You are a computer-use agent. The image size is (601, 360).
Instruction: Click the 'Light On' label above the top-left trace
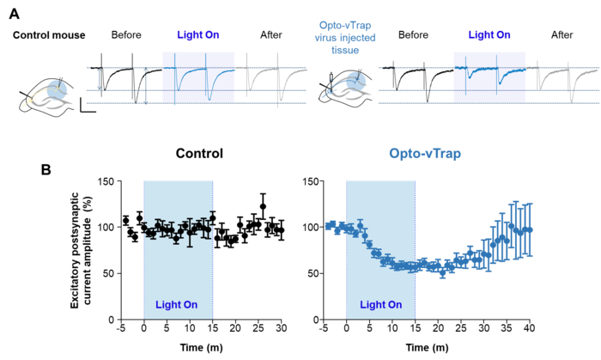pyautogui.click(x=198, y=35)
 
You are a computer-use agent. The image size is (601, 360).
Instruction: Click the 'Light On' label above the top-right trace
pyautogui.click(x=489, y=35)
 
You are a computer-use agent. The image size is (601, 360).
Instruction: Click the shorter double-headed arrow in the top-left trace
pyautogui.click(x=99, y=79)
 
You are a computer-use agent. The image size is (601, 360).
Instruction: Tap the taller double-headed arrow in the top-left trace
pyautogui.click(x=146, y=86)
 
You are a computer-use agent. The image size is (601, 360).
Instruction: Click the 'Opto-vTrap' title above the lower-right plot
pyautogui.click(x=424, y=154)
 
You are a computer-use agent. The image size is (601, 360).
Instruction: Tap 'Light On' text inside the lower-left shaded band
pyautogui.click(x=177, y=305)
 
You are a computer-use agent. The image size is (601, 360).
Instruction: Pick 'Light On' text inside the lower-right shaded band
pyautogui.click(x=380, y=305)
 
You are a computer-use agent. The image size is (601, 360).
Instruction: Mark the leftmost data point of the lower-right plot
pyautogui.click(x=329, y=226)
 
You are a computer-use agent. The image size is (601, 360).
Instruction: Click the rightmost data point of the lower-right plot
pyautogui.click(x=531, y=229)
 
